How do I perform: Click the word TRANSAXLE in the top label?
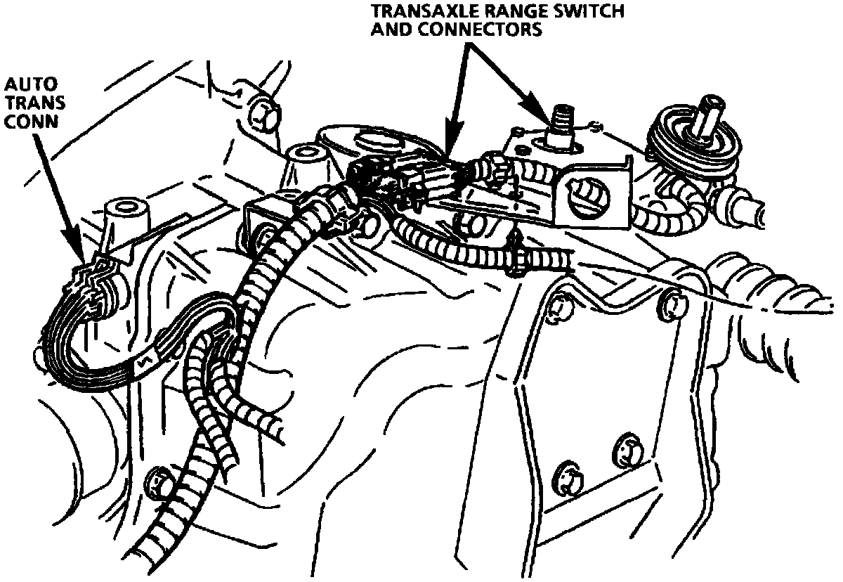tap(419, 12)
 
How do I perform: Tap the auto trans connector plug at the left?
tap(95, 288)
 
